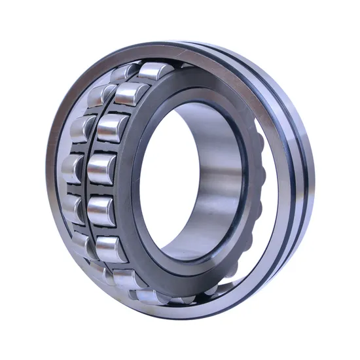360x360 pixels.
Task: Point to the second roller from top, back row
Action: (x=101, y=96)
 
